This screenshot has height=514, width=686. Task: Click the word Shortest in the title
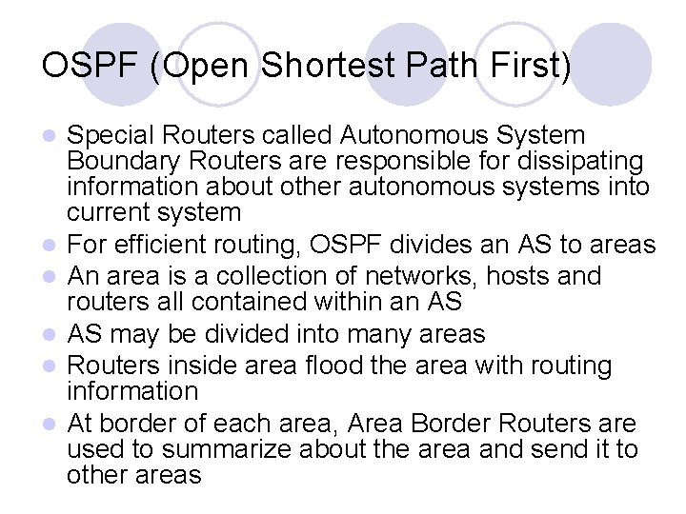coord(325,66)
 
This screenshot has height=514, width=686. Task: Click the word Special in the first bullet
coord(111,135)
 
